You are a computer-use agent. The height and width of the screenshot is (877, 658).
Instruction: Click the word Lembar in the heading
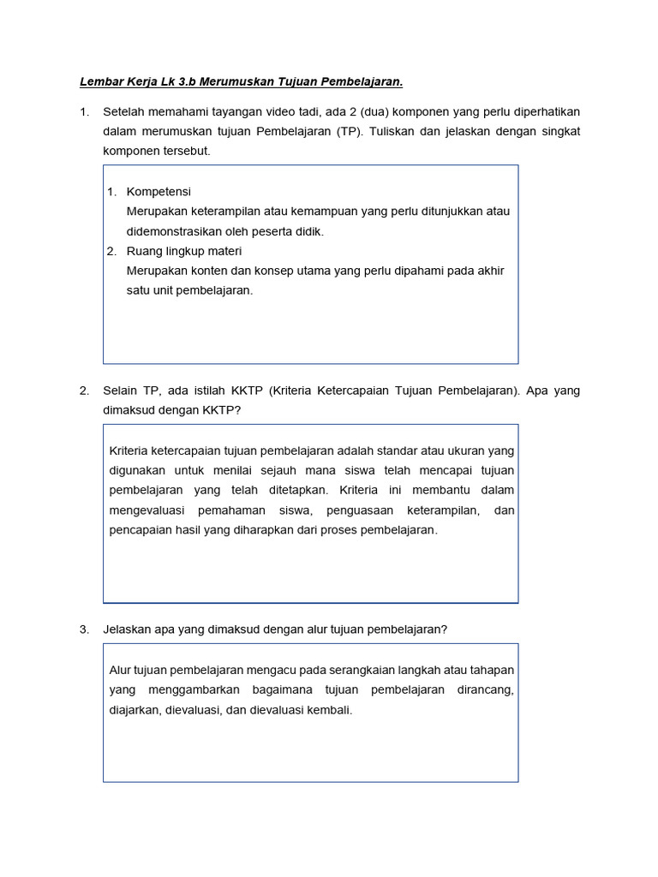tap(100, 82)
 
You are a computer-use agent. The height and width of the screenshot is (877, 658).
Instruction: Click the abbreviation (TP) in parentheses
tap(349, 131)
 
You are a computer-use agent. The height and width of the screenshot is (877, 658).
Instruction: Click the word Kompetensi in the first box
tap(159, 191)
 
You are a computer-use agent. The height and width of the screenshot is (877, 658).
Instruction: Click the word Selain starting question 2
tap(121, 391)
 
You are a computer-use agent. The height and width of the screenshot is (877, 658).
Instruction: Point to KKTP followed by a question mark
tap(222, 409)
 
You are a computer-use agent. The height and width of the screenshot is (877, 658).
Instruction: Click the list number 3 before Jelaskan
tap(84, 629)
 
